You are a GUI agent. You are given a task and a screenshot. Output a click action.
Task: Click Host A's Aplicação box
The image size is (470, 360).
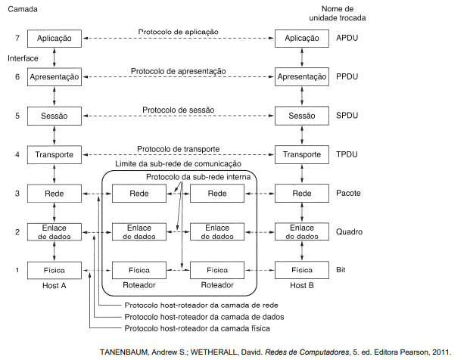pyautogui.click(x=54, y=39)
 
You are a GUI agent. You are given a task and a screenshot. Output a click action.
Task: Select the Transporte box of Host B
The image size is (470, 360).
pyautogui.click(x=302, y=154)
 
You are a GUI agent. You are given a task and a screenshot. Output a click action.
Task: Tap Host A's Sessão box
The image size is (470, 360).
pyautogui.click(x=54, y=116)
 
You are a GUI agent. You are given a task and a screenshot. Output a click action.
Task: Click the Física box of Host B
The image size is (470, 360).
pyautogui.click(x=302, y=270)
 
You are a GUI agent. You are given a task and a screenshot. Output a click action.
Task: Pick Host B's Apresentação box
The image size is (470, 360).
pyautogui.click(x=302, y=77)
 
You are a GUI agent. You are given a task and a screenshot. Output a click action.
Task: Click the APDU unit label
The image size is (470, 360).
pyautogui.click(x=347, y=38)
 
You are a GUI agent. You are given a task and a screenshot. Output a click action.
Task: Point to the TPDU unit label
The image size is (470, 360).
pyautogui.click(x=347, y=154)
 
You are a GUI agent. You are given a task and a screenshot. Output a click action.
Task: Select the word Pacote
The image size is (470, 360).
pyautogui.click(x=348, y=193)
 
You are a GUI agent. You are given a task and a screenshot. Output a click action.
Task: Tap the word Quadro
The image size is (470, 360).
pyautogui.click(x=349, y=232)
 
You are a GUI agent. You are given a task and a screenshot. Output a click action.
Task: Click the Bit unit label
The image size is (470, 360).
pyautogui.click(x=341, y=270)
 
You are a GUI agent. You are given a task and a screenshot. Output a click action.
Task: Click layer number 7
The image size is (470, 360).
pyautogui.click(x=17, y=38)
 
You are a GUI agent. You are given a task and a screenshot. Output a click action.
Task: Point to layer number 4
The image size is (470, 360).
pyautogui.click(x=17, y=154)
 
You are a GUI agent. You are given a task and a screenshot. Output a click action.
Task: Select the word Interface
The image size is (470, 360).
pyautogui.click(x=23, y=58)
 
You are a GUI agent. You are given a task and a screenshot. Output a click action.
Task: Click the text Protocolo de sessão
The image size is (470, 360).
pyautogui.click(x=179, y=110)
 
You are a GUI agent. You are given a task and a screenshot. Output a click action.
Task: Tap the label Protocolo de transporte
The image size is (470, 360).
pyautogui.click(x=179, y=149)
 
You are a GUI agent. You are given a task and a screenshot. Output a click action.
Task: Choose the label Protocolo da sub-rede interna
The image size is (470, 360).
pyautogui.click(x=198, y=177)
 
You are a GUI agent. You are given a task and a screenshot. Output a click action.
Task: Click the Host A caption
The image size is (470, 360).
pyautogui.click(x=54, y=285)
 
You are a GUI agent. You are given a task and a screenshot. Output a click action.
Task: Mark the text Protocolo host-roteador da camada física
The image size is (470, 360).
pyautogui.click(x=198, y=328)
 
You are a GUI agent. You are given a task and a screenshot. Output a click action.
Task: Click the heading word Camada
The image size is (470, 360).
pyautogui.click(x=23, y=9)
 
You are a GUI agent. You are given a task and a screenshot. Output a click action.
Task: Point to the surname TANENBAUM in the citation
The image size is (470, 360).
pyautogui.click(x=124, y=352)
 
